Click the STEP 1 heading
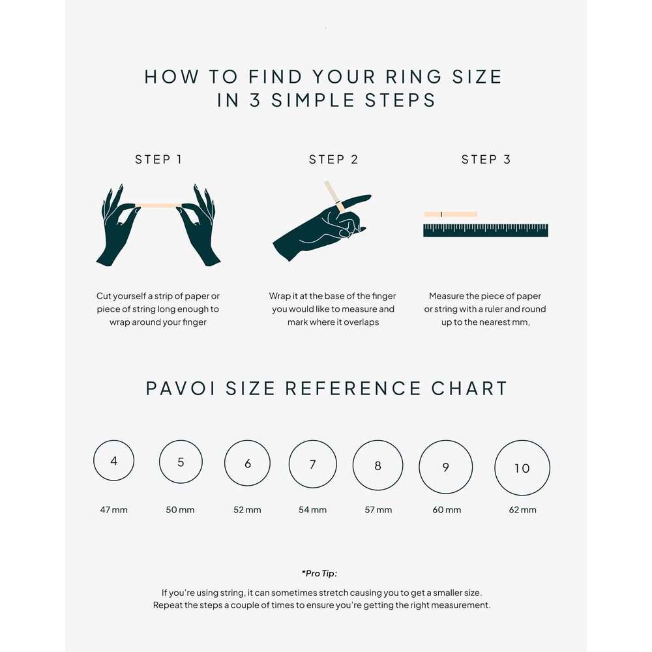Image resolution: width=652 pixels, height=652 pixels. [158, 160]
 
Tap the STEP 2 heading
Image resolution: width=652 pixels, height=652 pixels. [333, 160]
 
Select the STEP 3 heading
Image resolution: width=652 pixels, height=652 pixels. [486, 160]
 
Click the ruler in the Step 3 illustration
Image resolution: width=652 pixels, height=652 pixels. [485, 230]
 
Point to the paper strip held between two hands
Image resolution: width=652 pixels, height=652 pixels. [158, 205]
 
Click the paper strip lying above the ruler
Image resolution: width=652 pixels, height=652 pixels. [450, 214]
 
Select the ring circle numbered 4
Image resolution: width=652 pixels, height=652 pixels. [114, 461]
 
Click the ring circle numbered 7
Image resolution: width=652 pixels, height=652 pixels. [312, 464]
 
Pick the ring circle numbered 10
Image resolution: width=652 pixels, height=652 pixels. [522, 467]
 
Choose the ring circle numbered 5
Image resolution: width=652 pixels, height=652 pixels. [181, 462]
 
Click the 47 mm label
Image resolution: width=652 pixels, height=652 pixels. [114, 509]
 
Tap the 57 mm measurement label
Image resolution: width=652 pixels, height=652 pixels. [378, 510]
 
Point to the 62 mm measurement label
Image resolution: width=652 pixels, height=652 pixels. [522, 510]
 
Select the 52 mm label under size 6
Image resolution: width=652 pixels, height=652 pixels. [247, 510]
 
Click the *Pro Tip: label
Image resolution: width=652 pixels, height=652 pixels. [319, 574]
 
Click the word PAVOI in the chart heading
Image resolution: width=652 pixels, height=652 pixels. [181, 389]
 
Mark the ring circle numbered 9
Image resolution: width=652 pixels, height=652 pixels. [446, 467]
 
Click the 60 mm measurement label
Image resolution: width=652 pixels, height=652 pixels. [447, 510]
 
